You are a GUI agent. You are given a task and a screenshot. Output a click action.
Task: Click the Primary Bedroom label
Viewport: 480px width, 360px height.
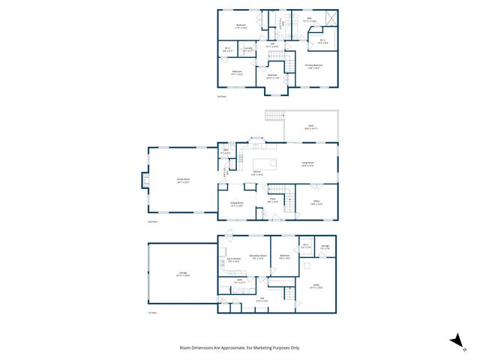tap(313, 66)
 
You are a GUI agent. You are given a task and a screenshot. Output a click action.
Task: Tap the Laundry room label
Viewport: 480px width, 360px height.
tap(248, 49)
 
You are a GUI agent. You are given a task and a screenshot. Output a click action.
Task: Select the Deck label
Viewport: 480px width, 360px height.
tap(309, 127)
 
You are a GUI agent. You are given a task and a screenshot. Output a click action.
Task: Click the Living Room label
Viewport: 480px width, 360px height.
tap(307, 163)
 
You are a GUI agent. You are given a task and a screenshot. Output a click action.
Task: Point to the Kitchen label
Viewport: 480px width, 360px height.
tap(256, 172)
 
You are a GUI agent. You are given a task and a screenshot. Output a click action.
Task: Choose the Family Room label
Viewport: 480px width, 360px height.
tap(182, 179)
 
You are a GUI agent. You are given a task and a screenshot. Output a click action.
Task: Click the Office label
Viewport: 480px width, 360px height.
tap(316, 202)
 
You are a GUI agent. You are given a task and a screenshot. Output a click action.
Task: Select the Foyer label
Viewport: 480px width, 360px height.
tap(273, 200)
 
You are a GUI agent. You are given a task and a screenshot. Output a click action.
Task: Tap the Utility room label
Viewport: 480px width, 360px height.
tap(316, 286)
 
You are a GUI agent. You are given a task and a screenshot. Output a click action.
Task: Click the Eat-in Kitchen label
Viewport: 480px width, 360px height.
tap(232, 259)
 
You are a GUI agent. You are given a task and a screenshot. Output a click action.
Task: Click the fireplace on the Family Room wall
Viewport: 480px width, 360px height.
tap(145, 178)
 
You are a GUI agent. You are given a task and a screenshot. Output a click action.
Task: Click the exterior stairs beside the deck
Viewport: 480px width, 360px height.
tap(274, 115)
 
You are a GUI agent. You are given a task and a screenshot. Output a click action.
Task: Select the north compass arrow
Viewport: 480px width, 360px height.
tap(454, 340)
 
